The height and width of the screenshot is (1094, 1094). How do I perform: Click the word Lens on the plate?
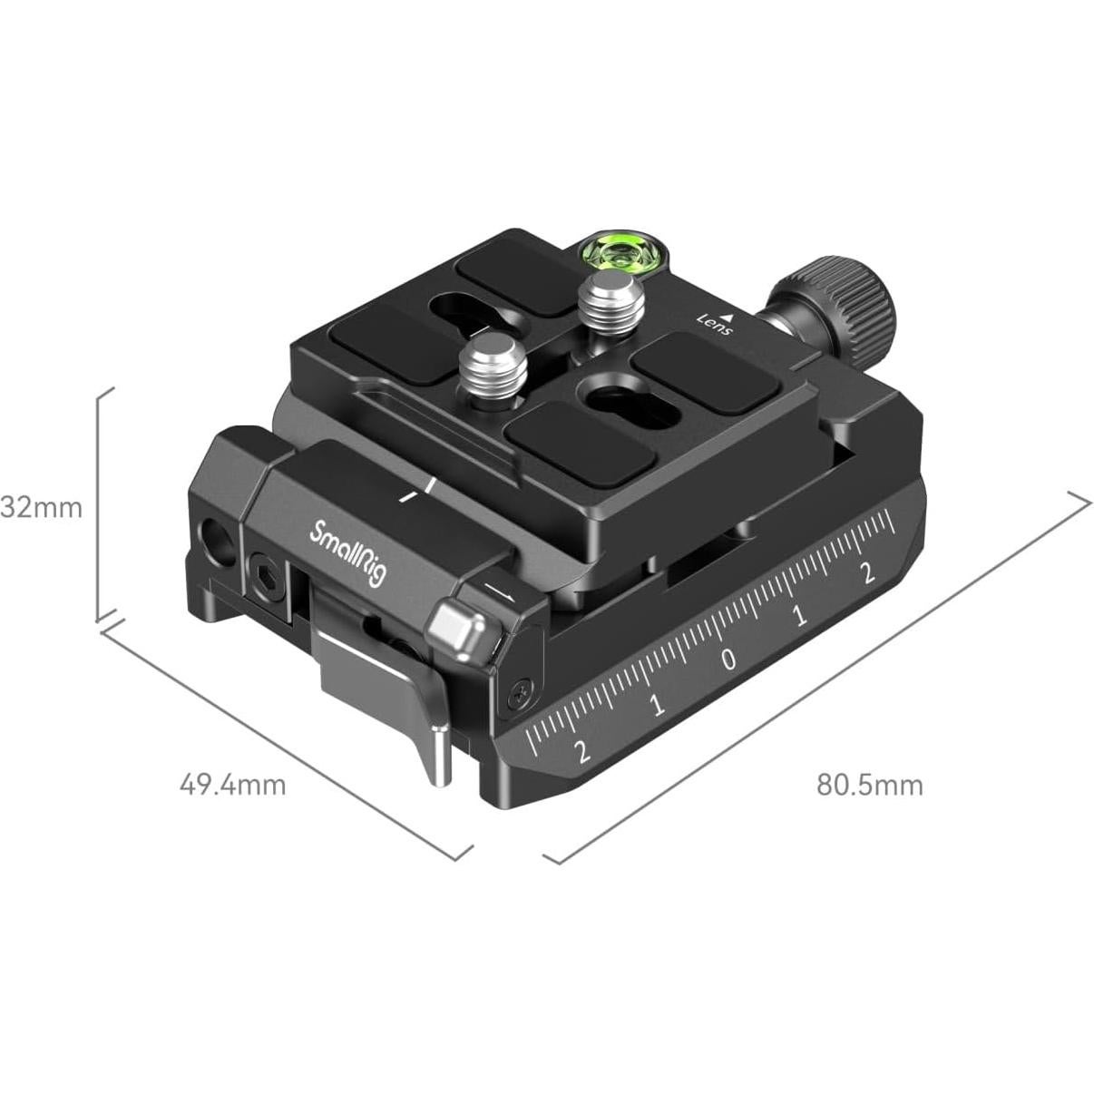pos(714,324)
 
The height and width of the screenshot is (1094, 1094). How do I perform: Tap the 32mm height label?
pos(42,506)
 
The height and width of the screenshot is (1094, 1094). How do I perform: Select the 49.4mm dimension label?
pos(232,783)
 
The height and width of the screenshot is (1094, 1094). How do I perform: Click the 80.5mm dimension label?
pos(870,784)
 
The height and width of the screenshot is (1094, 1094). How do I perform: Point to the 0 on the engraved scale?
pos(729,659)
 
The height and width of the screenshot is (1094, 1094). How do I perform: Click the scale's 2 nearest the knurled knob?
pos(867,572)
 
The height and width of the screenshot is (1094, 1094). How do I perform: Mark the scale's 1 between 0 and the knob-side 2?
pos(799,617)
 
